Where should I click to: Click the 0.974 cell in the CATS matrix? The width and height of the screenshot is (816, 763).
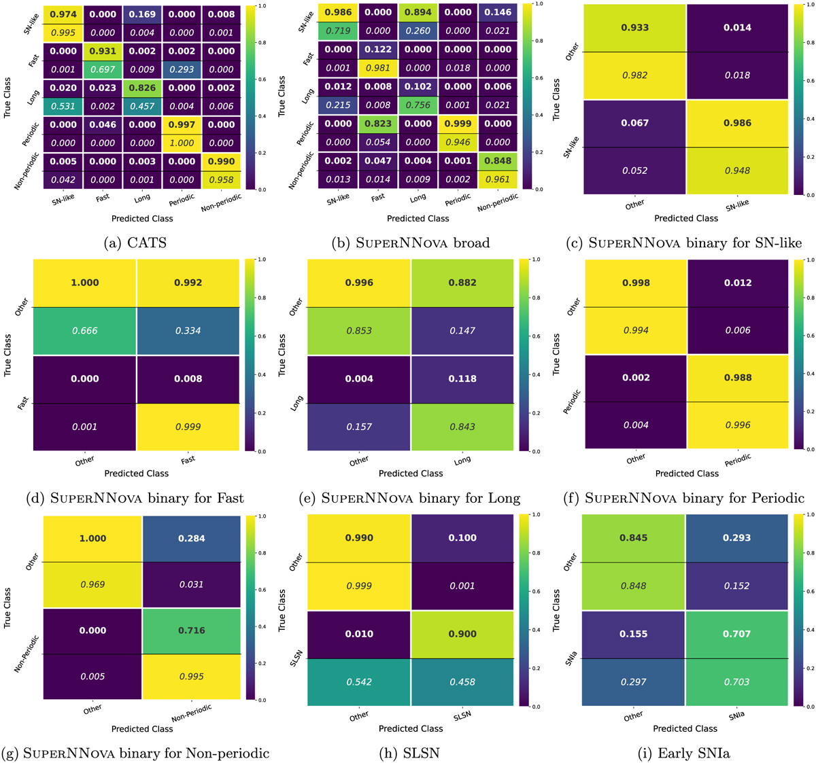[x=63, y=14]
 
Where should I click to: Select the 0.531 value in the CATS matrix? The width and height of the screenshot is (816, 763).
[x=63, y=106]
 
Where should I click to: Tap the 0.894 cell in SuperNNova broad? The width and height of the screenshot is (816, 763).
[x=418, y=13]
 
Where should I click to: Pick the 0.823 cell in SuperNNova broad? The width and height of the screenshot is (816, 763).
[x=378, y=124]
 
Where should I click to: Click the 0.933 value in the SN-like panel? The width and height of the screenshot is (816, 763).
[x=635, y=28]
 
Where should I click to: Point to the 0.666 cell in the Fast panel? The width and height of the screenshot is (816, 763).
[x=85, y=331]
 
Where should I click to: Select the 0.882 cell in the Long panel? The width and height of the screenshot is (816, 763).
[x=462, y=283]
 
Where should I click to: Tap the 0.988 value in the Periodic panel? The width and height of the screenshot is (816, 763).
[x=738, y=378]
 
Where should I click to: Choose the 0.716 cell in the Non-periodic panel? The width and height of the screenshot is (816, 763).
[x=191, y=631]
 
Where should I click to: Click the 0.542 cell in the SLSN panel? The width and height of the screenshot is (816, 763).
[x=359, y=681]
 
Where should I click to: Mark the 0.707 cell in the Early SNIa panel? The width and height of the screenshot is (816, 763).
[x=737, y=634]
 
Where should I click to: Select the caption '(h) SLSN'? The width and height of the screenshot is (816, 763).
[x=411, y=753]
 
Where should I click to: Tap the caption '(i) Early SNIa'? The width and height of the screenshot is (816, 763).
[x=685, y=753]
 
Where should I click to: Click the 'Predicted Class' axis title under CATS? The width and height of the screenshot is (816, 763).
[x=142, y=219]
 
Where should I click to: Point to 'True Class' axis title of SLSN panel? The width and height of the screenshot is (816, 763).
[x=282, y=611]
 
